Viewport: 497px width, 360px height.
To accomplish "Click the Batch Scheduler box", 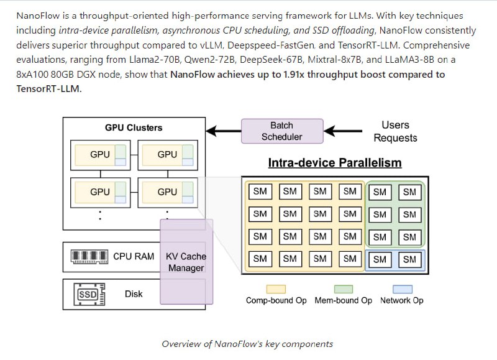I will (281, 131).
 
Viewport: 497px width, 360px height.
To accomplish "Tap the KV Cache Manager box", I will (186, 262).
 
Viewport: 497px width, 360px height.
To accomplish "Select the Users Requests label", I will (395, 131).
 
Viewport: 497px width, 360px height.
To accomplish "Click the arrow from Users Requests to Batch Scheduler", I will (346, 131).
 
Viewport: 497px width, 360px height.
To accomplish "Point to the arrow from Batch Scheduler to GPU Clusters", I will (223, 131).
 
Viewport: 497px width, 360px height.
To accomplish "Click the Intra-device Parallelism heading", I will (334, 163).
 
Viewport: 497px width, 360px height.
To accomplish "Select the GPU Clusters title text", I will (134, 127).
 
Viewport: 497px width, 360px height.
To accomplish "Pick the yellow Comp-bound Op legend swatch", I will (276, 289).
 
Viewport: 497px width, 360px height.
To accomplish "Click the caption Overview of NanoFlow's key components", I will (247, 344).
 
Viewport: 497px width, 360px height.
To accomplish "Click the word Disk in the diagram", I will (134, 293).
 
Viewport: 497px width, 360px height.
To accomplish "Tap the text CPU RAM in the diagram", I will (134, 256).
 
